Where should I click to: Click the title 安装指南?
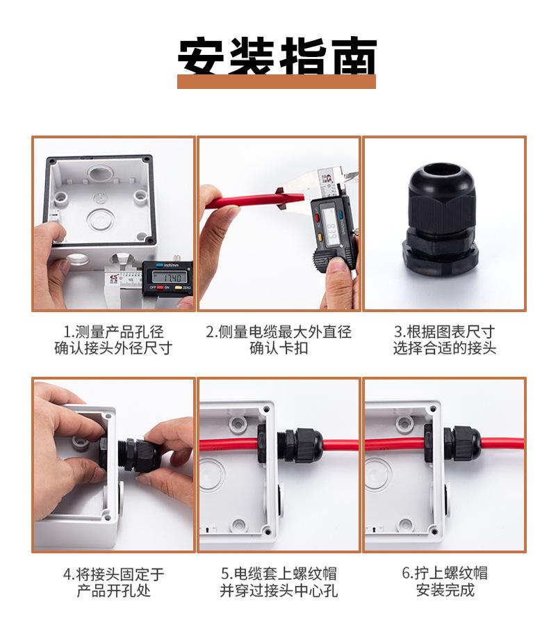click(277, 56)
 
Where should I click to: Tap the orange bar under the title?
click(277, 81)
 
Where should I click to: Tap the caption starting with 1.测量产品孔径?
click(113, 340)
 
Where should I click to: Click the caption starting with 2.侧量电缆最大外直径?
click(279, 340)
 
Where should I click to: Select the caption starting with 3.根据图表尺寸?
click(445, 340)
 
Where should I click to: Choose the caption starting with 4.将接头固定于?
click(113, 583)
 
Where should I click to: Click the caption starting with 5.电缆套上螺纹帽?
click(279, 583)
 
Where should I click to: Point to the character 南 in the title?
click(355, 56)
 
